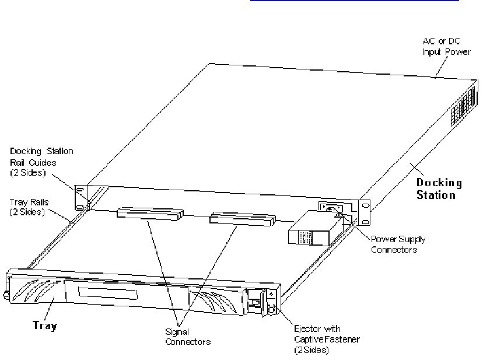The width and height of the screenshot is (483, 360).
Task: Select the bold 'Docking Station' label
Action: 439,189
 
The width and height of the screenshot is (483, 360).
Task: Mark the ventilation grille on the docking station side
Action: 463,104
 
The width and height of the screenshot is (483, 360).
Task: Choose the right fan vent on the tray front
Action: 218,301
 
